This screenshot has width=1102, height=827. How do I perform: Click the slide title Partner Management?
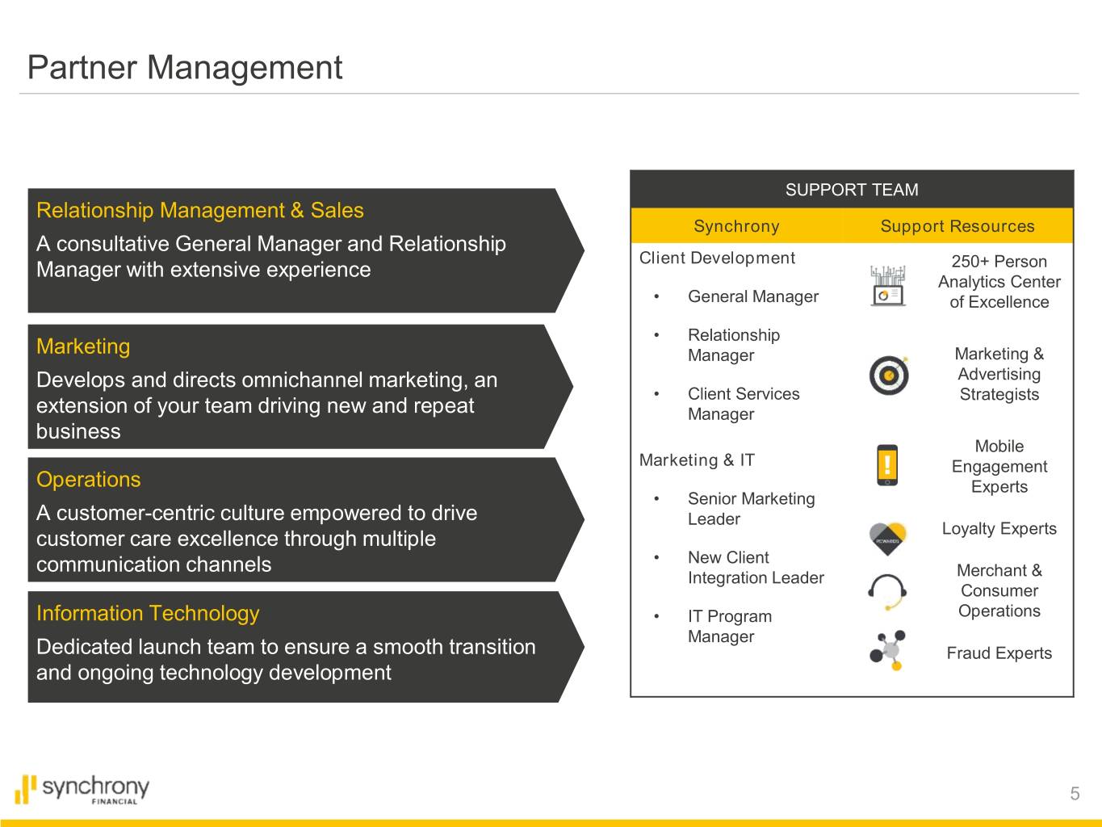[185, 67]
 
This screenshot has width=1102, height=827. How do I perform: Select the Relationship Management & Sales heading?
[200, 210]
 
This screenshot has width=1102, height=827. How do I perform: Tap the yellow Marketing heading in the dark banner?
[83, 347]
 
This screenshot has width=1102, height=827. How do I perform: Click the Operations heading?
[88, 480]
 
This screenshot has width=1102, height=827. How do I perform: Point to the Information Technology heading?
[148, 614]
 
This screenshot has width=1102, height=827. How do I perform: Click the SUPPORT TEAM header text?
[852, 190]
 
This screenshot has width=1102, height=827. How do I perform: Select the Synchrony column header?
[736, 226]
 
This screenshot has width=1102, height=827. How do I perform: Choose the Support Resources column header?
[957, 226]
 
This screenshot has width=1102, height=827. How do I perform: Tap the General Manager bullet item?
[753, 296]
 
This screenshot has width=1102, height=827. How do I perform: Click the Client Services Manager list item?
[744, 404]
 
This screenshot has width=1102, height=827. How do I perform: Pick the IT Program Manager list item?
[730, 626]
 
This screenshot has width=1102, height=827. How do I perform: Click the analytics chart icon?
[887, 286]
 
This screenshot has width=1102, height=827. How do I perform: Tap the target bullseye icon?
[889, 375]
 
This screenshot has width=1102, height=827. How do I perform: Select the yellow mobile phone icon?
[887, 465]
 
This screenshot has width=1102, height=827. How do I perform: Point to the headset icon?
[887, 591]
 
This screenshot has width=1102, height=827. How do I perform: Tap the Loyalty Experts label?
[999, 529]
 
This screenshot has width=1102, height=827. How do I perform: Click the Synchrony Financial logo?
[82, 790]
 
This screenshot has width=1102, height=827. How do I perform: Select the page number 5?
[1075, 793]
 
